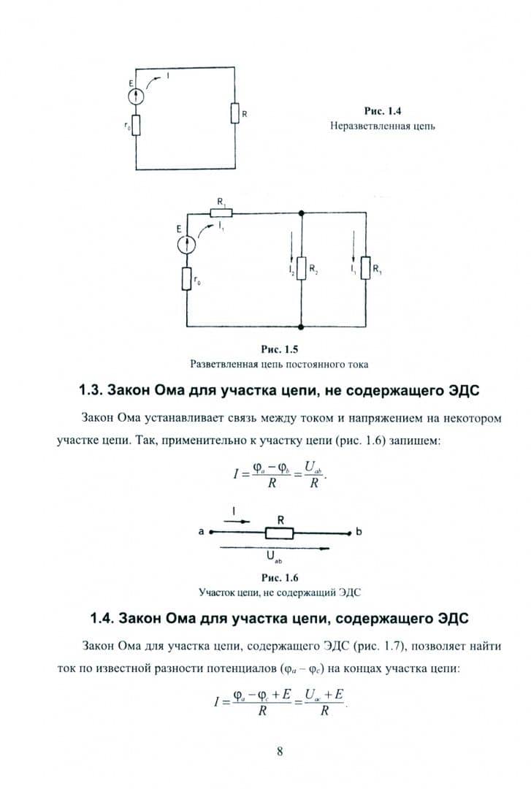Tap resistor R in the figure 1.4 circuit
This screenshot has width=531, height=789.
tap(235, 113)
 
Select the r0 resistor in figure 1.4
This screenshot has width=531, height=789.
tap(136, 126)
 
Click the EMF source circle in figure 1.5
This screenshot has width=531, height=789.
tap(187, 245)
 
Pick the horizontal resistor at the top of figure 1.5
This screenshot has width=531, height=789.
tap(221, 213)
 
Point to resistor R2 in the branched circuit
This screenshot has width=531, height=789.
tap(301, 267)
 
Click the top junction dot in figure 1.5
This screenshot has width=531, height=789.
tap(301, 213)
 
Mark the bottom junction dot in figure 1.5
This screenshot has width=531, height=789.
tap(301, 327)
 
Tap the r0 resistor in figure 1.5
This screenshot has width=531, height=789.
tap(187, 279)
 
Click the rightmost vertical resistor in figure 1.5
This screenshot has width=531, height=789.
tap(366, 267)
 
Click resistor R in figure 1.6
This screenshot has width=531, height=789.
tap(279, 533)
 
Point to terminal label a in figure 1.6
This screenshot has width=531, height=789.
tap(202, 531)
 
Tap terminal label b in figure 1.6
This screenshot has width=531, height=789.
tap(359, 531)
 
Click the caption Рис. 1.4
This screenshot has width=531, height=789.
tap(383, 111)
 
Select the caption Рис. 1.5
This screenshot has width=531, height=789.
tap(280, 349)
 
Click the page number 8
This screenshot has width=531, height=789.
tap(280, 751)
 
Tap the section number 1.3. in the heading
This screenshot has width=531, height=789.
tap(91, 390)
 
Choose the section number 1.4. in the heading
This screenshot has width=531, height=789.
tap(102, 618)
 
